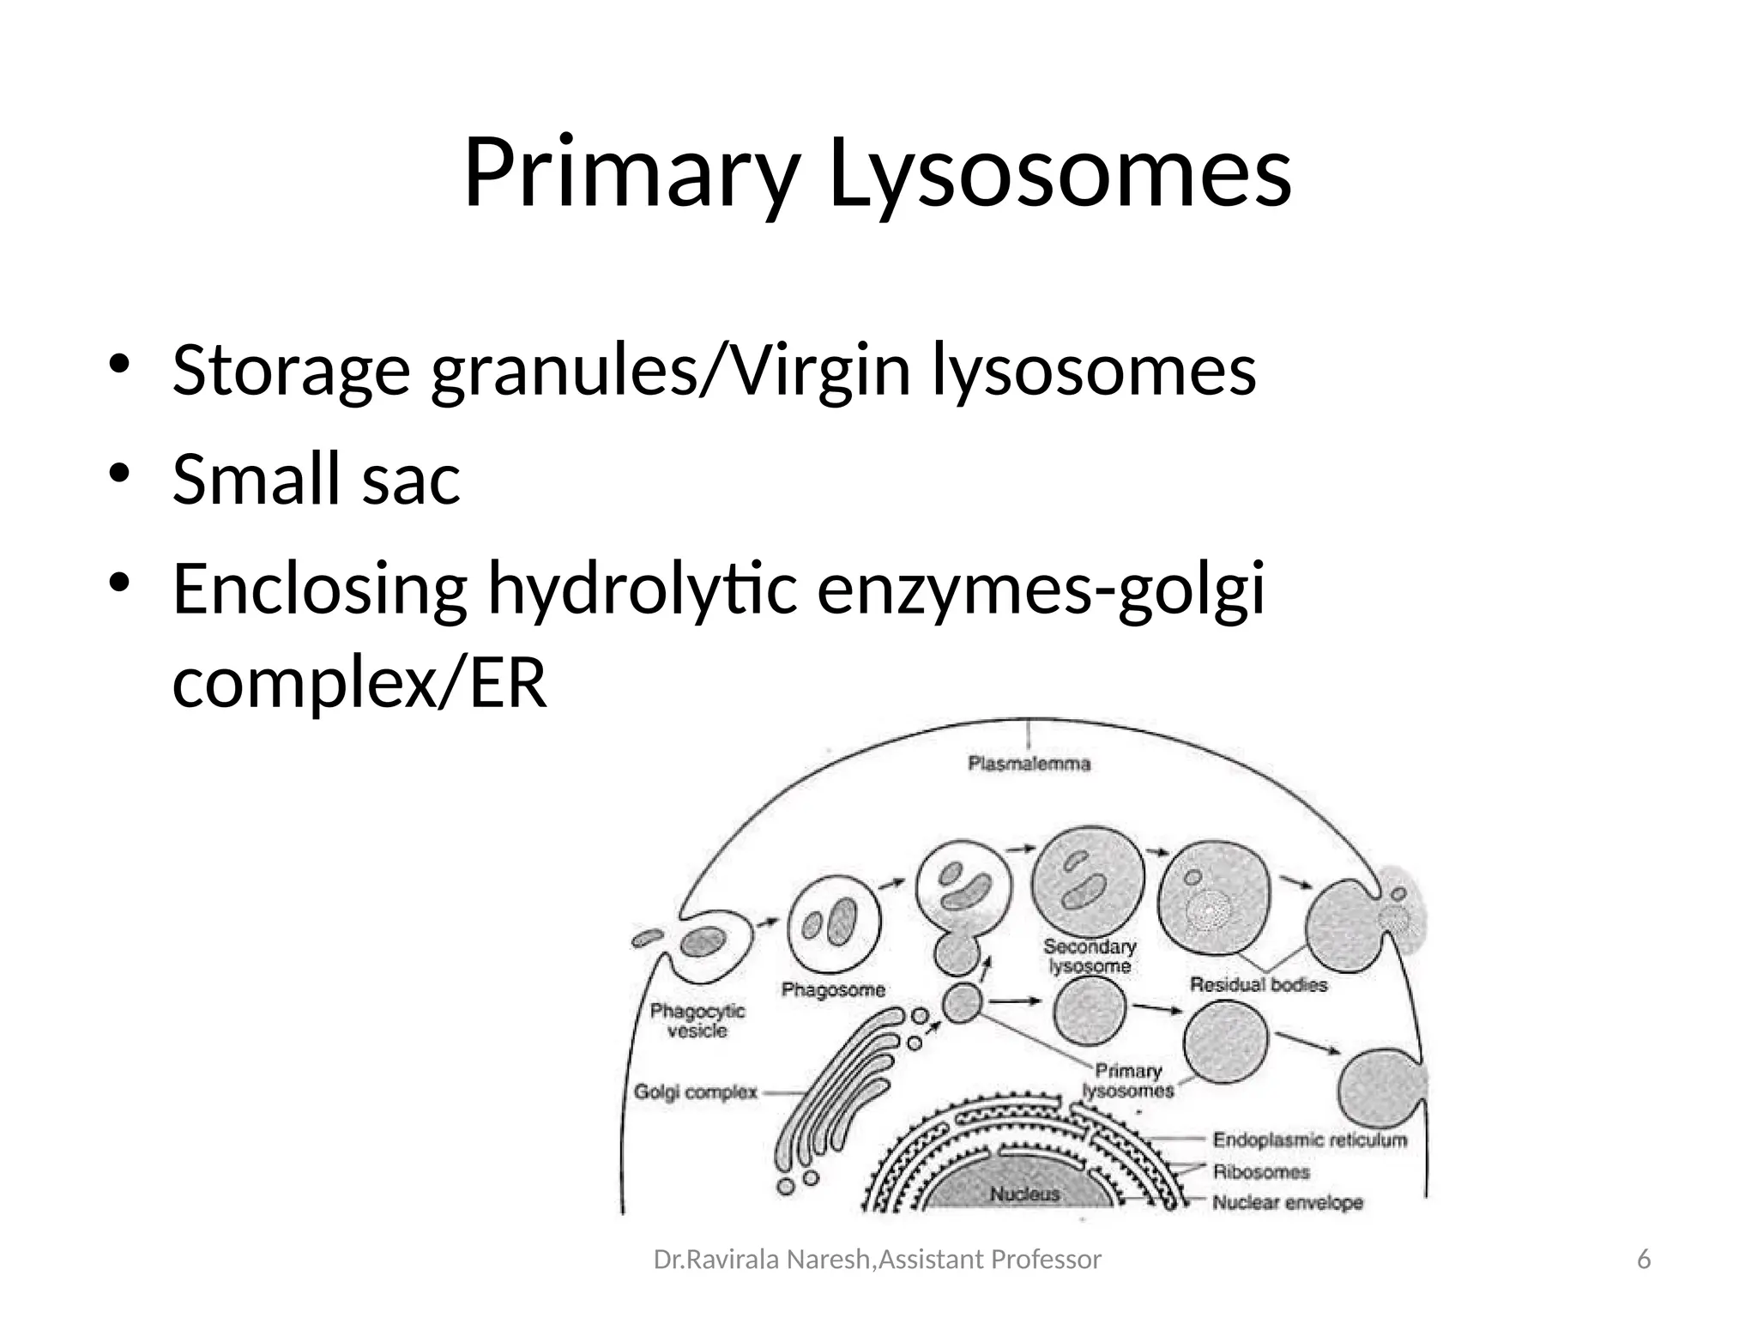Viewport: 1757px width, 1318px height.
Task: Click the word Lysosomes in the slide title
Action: tap(1060, 174)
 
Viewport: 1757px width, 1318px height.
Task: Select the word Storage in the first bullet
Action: tap(291, 371)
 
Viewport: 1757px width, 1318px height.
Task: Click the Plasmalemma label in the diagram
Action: tap(1029, 764)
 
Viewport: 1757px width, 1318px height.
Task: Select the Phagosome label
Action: tap(833, 990)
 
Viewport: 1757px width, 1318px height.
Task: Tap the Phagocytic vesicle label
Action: tap(697, 1020)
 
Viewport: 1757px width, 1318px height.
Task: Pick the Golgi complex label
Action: tap(696, 1092)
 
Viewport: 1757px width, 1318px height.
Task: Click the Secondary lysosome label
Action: tap(1090, 956)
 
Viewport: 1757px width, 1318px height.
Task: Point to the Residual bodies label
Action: tap(1258, 985)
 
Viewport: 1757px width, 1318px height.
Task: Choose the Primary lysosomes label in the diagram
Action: tap(1128, 1081)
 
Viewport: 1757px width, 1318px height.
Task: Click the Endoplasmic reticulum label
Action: tap(1309, 1140)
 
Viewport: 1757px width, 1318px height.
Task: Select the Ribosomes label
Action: tap(1261, 1172)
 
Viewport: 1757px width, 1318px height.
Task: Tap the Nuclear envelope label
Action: tap(1287, 1203)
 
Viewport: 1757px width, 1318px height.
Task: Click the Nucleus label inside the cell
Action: tap(1024, 1194)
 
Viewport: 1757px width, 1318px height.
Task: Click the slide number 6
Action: tap(1644, 1260)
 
